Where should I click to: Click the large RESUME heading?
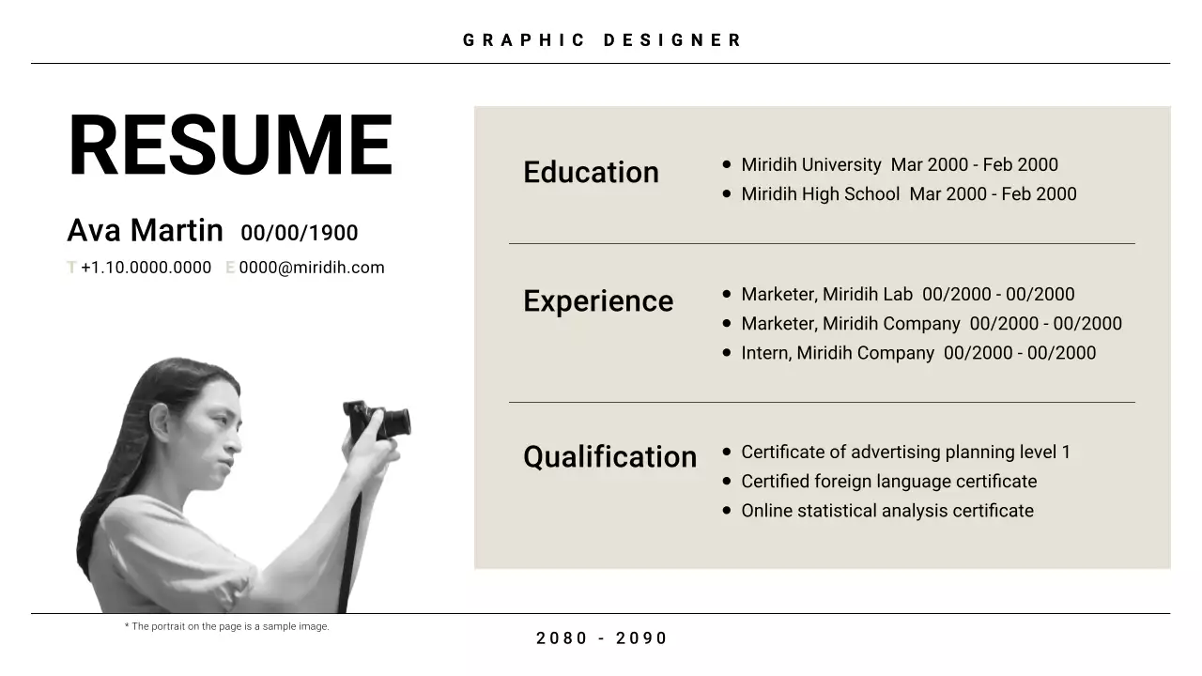pos(230,146)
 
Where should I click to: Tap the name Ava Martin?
pos(145,230)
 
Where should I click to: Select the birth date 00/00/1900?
pos(299,233)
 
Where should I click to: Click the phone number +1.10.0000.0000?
pos(146,268)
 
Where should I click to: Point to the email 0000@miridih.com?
pos(312,268)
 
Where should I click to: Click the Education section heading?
pos(591,173)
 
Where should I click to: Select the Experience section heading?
pos(598,301)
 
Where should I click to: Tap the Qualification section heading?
pos(609,457)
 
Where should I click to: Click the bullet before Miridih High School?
pos(727,193)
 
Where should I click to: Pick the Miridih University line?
pos(899,165)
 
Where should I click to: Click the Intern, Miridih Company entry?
pos(917,353)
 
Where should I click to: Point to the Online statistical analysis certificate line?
pos(886,511)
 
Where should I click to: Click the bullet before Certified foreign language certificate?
pos(727,481)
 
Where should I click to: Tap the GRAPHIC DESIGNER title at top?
pos(602,40)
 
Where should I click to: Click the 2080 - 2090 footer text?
pos(602,638)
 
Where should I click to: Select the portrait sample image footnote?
pos(226,626)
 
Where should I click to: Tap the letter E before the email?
pos(230,268)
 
